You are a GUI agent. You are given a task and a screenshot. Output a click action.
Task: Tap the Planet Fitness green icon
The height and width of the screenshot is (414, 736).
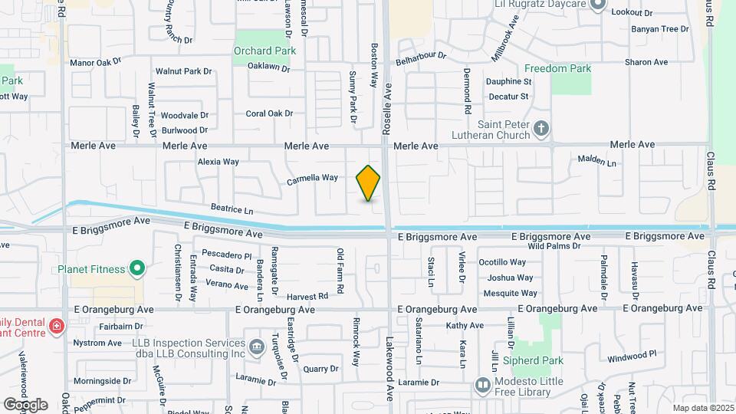click(137, 268)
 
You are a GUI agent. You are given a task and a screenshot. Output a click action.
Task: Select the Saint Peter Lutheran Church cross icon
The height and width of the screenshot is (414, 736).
click(542, 127)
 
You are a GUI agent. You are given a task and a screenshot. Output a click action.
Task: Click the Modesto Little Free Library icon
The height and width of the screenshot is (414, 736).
click(483, 384)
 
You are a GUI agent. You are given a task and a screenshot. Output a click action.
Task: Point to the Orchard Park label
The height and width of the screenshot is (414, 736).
click(264, 51)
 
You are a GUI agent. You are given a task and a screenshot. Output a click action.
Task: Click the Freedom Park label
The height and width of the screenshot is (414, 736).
click(559, 68)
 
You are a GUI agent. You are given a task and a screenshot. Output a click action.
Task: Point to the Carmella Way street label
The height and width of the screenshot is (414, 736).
click(312, 179)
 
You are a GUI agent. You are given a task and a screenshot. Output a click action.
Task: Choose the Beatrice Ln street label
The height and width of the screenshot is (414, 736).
click(232, 209)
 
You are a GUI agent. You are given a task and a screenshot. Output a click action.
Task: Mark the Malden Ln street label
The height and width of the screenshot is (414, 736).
click(596, 161)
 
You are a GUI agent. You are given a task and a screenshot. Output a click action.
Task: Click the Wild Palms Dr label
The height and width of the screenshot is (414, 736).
click(554, 246)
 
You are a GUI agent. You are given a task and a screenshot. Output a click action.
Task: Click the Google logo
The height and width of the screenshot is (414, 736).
click(25, 404)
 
